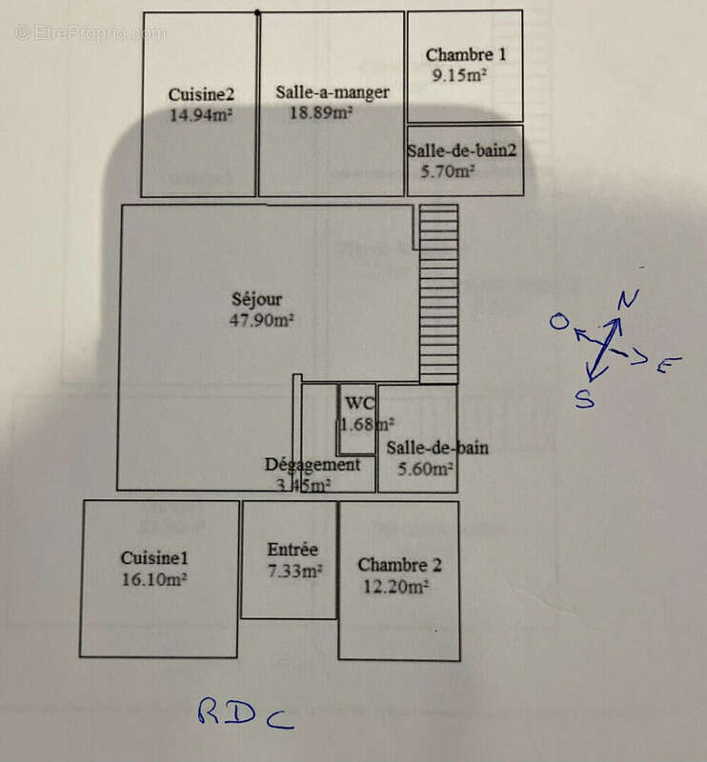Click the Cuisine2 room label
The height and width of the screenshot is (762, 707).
pos(201,94)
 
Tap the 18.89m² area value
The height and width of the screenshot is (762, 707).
pos(321,112)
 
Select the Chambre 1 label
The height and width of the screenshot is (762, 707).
pos(466,54)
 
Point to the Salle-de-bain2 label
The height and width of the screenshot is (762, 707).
pos(461,150)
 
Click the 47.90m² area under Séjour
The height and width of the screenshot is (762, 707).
pos(261,320)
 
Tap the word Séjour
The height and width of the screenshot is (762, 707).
pos(256,299)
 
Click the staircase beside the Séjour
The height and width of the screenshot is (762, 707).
pos(438,294)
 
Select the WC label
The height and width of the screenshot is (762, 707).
pos(360,403)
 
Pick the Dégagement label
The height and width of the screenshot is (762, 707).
pos(313,465)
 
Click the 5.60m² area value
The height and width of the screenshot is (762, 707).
pos(426,469)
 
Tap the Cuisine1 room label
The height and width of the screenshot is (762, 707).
pos(154,558)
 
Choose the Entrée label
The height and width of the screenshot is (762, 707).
pos(293,550)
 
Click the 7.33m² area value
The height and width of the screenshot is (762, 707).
pos(295,571)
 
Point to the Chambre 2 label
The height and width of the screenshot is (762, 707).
pos(399,565)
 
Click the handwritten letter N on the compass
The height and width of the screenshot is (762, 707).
pos(628,299)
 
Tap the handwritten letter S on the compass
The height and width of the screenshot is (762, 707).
pos(584,399)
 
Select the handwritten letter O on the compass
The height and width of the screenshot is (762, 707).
pos(559,321)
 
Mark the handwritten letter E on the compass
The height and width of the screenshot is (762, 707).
pos(669,364)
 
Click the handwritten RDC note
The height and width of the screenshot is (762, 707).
pos(246,713)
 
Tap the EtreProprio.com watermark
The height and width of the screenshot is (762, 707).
pos(91,33)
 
